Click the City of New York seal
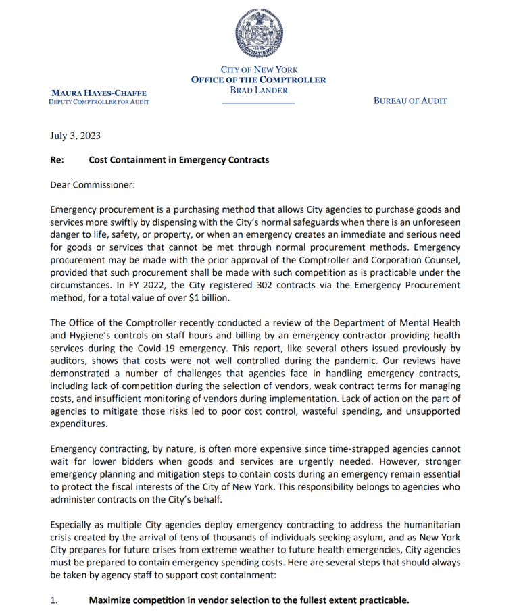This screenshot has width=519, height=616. pos(259,32)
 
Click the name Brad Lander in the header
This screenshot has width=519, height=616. pos(259,90)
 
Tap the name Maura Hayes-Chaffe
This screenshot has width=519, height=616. pos(99,92)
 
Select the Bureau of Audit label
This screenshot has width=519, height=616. pos(410,101)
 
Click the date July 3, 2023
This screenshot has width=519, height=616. pos(75,136)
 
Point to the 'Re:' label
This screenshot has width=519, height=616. pos(57,160)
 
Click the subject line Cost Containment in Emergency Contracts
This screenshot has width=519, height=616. pos(178,160)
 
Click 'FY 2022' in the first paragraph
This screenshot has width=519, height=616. pos(136,285)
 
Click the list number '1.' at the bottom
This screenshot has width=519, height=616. pos(55,600)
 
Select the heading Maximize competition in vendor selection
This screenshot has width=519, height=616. pos(249,600)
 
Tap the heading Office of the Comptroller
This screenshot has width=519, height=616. pos(259,80)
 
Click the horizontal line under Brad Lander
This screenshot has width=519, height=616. pos(259,103)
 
